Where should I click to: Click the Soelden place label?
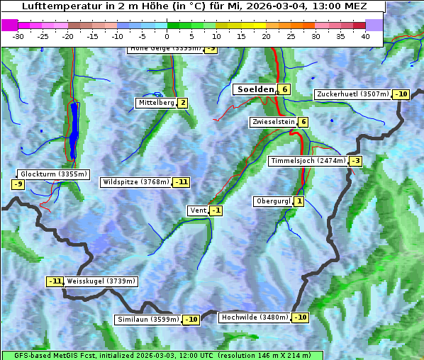255,89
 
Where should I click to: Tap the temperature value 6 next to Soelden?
284,89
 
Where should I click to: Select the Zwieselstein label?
274,122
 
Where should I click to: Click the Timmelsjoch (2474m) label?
308,161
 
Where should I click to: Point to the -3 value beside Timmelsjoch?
355,161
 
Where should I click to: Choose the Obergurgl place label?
273,201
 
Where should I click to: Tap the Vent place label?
198,210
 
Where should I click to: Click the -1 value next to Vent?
216,210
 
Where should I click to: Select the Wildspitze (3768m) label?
135,182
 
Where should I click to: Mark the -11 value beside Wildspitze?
182,182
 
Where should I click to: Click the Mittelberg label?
156,103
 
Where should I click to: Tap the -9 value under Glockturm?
18,184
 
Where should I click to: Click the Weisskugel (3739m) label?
101,281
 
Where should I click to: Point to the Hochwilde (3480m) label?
255,317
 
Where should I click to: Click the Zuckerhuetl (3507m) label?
353,94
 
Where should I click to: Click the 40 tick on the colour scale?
365,36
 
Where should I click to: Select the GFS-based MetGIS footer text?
162,355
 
